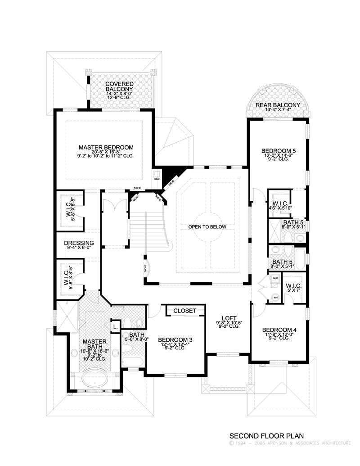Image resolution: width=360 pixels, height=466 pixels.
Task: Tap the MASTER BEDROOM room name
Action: point(106,147)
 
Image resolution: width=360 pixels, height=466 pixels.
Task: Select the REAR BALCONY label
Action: point(278,105)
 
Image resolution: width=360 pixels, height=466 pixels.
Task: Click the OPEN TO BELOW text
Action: point(207,227)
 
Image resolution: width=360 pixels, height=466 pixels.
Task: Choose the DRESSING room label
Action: point(79,243)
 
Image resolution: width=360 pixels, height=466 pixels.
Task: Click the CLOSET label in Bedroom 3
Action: point(184,311)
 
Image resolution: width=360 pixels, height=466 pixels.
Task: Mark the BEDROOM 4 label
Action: point(279,330)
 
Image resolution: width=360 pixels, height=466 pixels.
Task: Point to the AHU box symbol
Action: point(274,280)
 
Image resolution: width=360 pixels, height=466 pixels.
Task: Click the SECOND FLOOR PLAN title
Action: point(267,436)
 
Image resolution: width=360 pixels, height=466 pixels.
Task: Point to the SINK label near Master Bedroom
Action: point(157,179)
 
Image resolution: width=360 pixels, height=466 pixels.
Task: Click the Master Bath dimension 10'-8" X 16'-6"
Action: point(93,351)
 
